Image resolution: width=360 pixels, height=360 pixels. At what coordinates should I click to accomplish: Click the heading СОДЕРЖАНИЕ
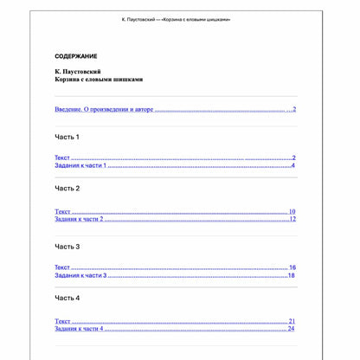click(x=76, y=56)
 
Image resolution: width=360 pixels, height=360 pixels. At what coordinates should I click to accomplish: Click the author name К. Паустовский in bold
click(x=78, y=71)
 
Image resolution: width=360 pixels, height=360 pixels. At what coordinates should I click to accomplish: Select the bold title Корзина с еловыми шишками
click(x=99, y=79)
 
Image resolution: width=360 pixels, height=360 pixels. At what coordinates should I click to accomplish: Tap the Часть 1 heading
click(x=67, y=137)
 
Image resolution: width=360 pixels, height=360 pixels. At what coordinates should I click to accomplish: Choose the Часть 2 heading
click(x=67, y=188)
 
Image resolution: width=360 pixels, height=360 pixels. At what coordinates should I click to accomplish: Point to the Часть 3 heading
click(x=67, y=247)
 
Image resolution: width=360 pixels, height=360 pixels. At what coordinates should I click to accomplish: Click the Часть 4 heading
click(x=67, y=298)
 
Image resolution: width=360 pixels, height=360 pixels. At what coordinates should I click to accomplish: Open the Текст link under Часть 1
click(x=62, y=158)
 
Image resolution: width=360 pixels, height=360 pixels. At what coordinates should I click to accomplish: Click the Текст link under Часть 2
click(x=62, y=211)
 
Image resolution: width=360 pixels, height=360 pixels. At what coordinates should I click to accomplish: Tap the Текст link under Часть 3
click(x=62, y=268)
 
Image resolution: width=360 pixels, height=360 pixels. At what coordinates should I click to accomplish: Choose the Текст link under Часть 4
click(x=62, y=321)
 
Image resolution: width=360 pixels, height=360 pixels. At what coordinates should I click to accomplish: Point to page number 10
click(x=292, y=211)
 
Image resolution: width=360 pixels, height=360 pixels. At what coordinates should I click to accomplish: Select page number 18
click(x=292, y=275)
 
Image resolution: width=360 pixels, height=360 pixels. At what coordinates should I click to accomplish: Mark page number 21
click(x=292, y=321)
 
